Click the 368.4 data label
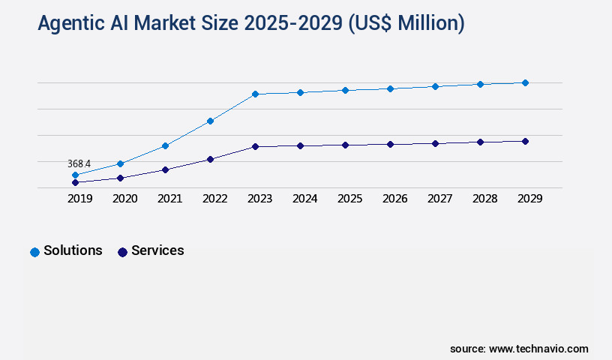(x=79, y=163)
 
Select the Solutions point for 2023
(x=255, y=94)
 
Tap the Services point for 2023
(x=255, y=146)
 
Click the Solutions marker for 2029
(x=525, y=82)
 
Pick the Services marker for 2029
(x=525, y=141)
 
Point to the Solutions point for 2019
(x=75, y=175)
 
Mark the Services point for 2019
(x=75, y=182)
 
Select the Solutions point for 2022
(x=210, y=121)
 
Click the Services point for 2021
(x=165, y=169)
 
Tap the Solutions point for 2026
(x=390, y=88)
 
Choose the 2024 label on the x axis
(x=304, y=199)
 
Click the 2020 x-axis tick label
(x=124, y=199)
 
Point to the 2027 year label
(x=439, y=199)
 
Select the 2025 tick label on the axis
(x=349, y=199)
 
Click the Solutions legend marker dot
(x=34, y=252)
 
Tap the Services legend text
(x=157, y=250)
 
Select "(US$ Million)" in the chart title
(x=407, y=24)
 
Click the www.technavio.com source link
(x=538, y=349)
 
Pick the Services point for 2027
(x=435, y=143)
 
